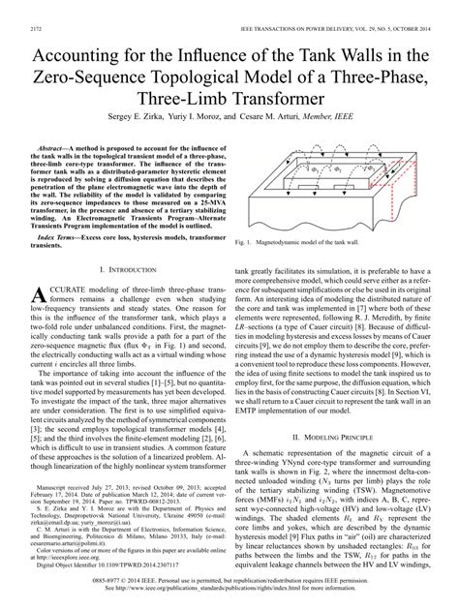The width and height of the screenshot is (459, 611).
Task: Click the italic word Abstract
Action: point(64,140)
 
